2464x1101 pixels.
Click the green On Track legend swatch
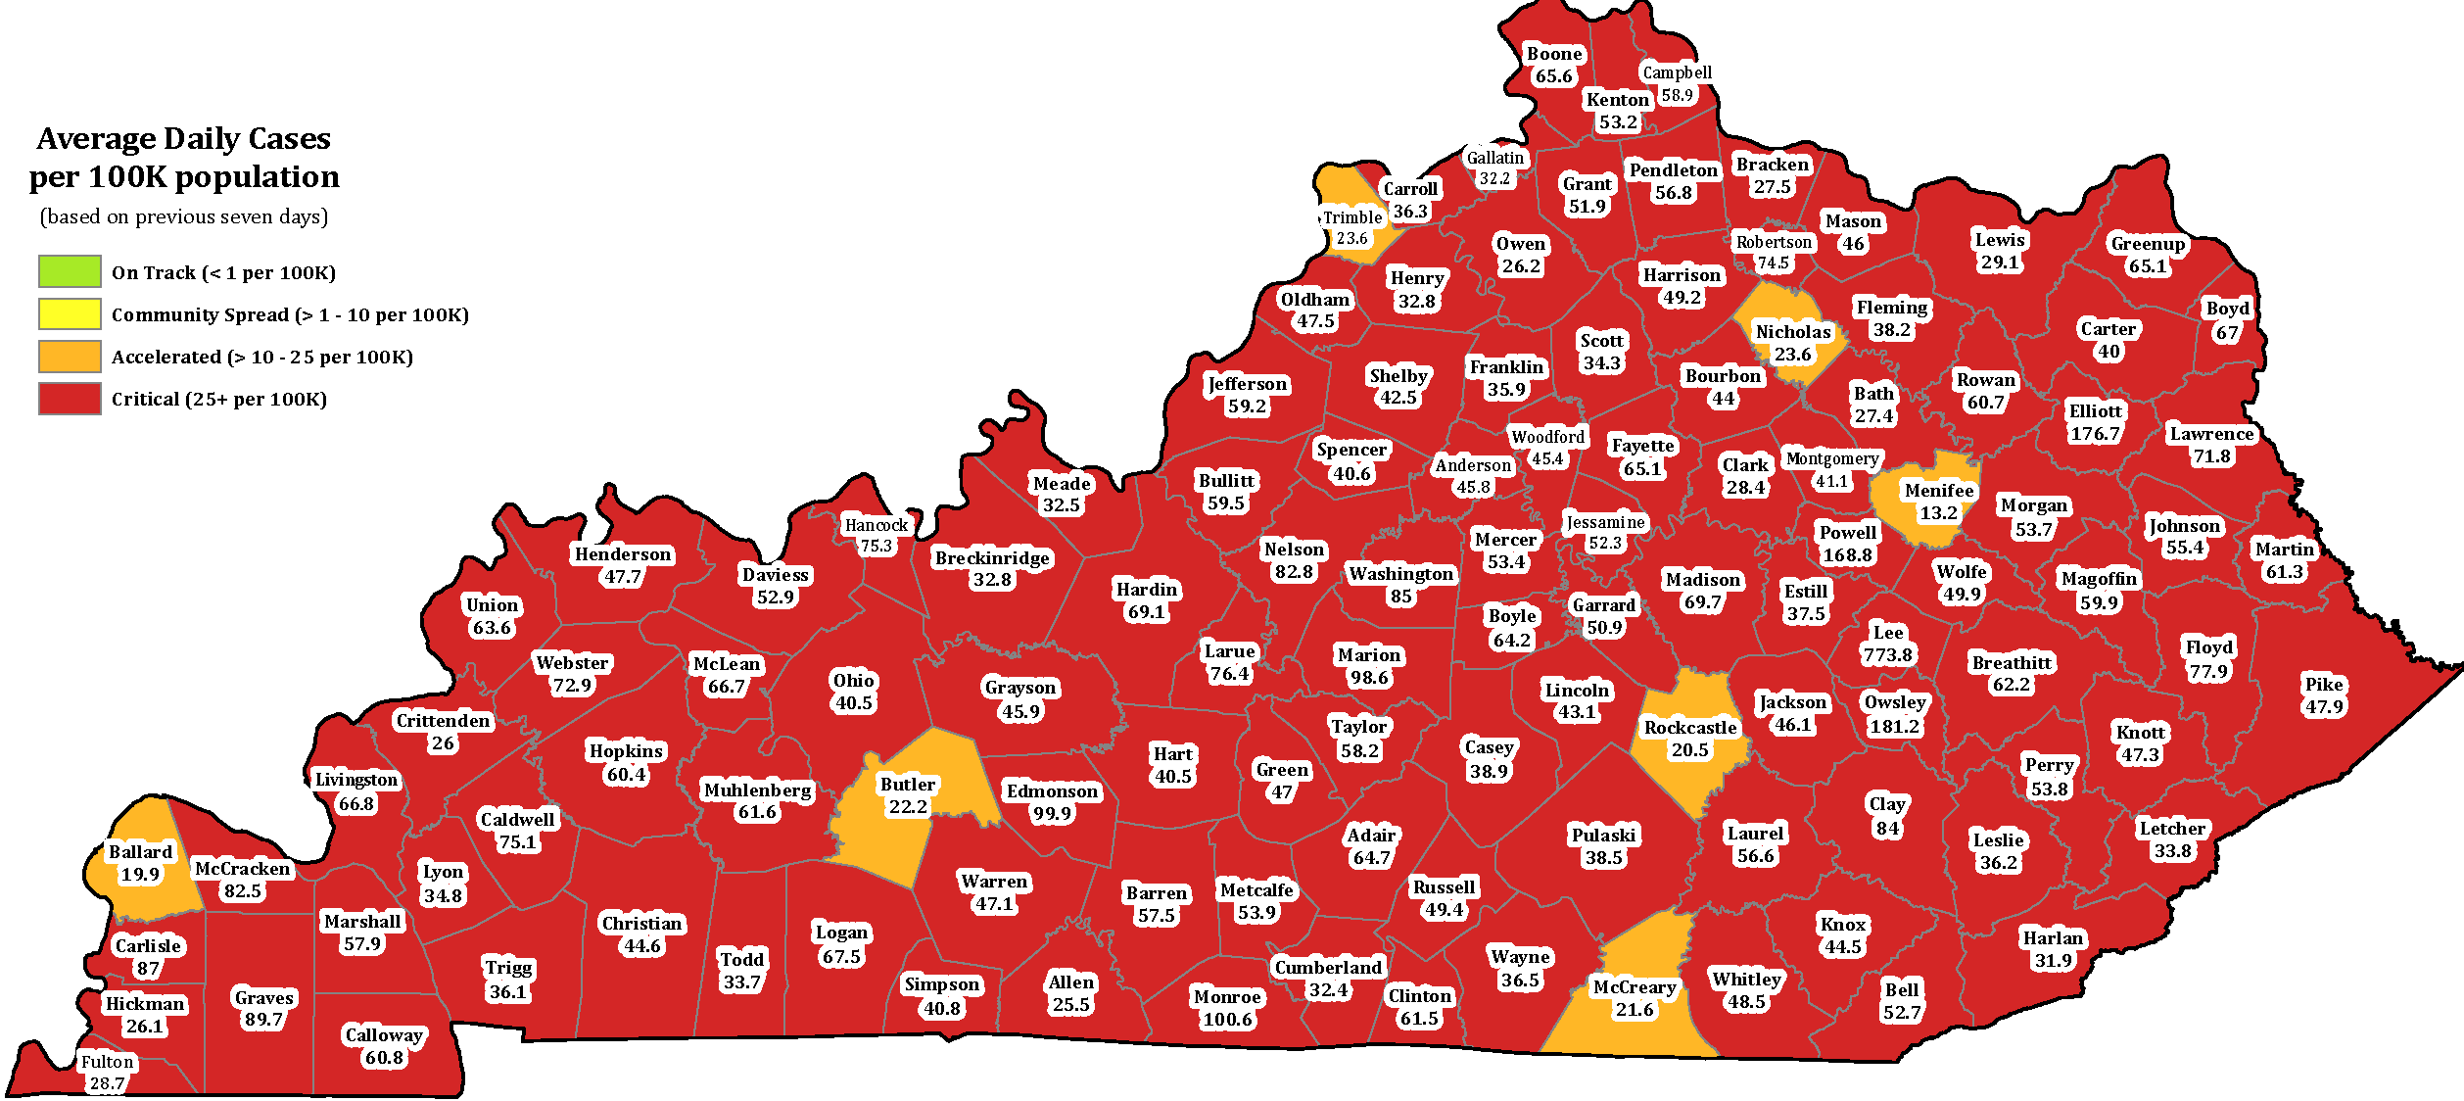(70, 271)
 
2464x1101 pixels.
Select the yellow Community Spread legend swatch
(70, 313)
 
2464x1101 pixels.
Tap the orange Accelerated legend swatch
(70, 357)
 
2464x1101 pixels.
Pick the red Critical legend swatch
(70, 399)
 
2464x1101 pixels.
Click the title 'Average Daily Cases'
(184, 139)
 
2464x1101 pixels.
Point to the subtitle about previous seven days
(184, 216)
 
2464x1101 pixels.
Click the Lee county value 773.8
(1887, 655)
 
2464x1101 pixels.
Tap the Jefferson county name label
(1247, 384)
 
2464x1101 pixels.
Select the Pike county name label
(2324, 685)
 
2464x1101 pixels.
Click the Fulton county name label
(107, 1062)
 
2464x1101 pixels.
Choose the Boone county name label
(1554, 54)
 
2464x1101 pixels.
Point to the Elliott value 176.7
(2095, 434)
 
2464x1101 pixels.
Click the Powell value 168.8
(1847, 555)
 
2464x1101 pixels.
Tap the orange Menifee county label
(1939, 491)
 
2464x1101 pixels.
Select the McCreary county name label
(1635, 987)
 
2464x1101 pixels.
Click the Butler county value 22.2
(908, 807)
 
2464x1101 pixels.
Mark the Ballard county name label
(140, 852)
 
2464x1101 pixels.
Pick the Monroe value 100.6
(1227, 1020)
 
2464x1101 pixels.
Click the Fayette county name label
(1643, 446)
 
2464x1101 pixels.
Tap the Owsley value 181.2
(1894, 727)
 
